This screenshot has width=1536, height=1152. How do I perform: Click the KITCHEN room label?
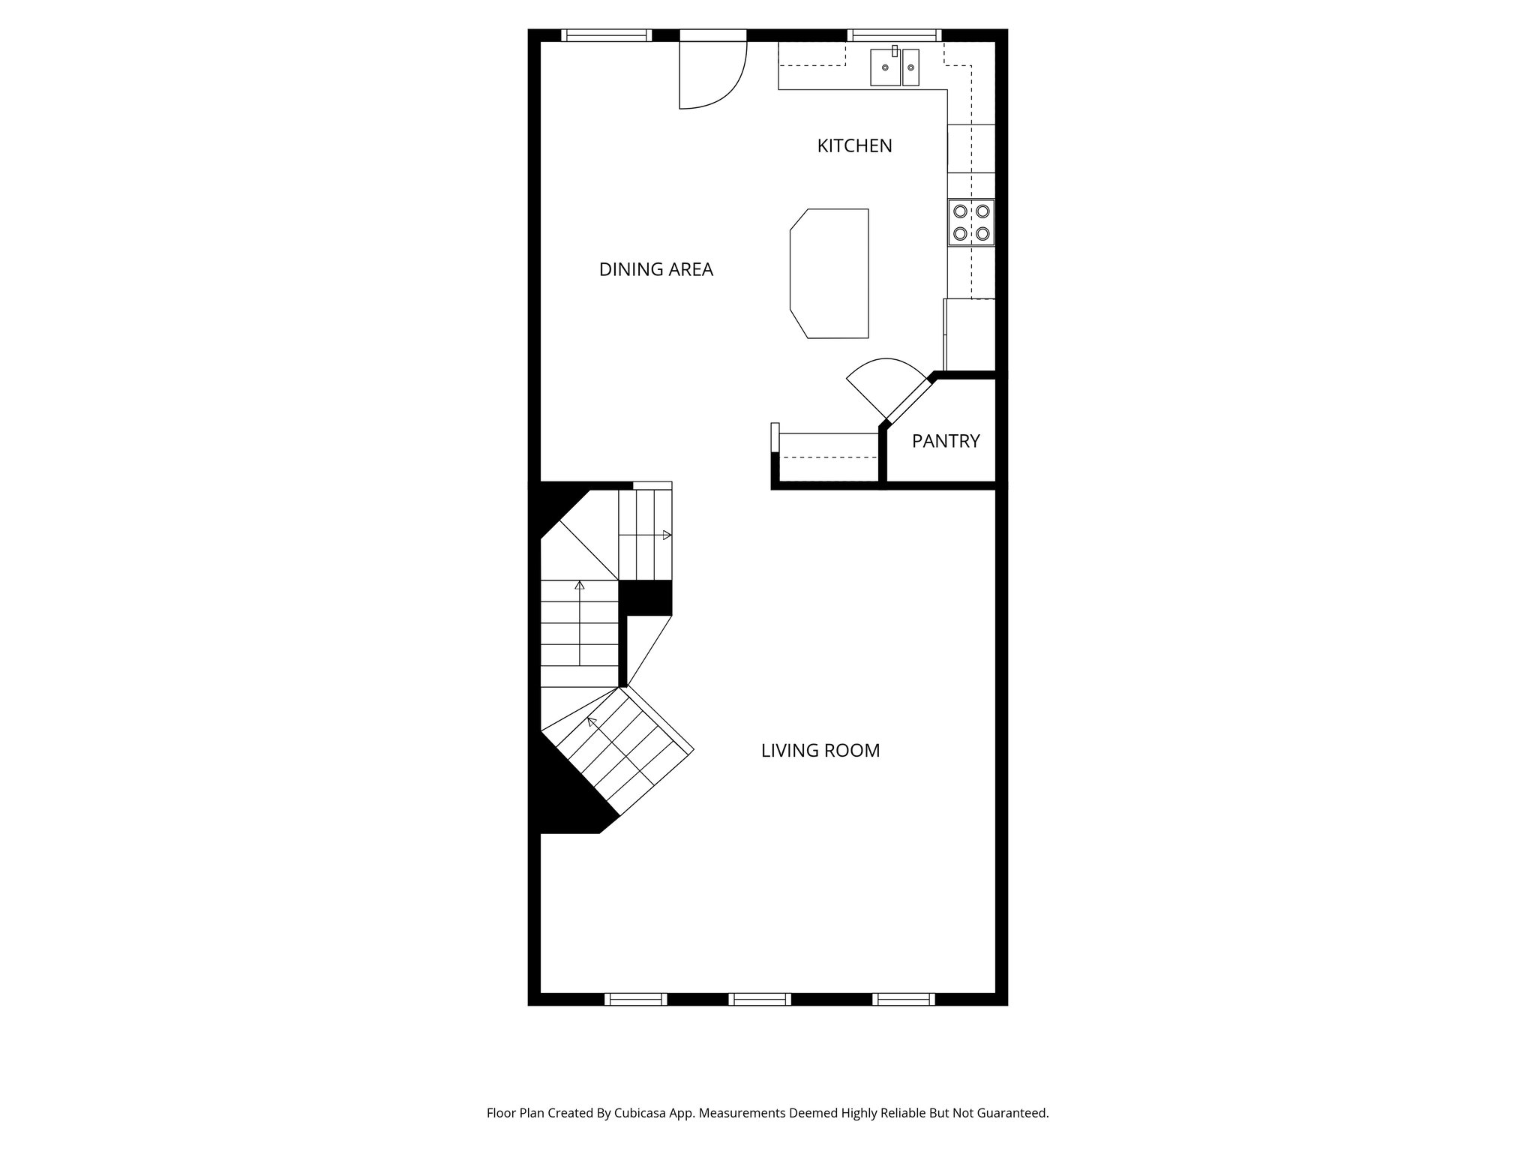(x=854, y=145)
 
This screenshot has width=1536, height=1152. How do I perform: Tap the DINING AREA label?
(x=655, y=269)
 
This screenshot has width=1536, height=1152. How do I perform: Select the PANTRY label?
(x=946, y=441)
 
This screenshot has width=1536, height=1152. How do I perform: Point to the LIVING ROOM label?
(x=820, y=751)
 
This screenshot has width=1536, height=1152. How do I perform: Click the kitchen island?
(x=830, y=274)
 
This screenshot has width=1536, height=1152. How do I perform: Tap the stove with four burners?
(x=971, y=222)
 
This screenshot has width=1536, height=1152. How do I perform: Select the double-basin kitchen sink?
(x=894, y=68)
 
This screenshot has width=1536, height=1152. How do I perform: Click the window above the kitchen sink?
(x=894, y=34)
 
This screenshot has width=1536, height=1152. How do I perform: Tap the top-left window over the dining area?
(x=606, y=34)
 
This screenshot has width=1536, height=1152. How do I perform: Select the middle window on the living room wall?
(x=760, y=999)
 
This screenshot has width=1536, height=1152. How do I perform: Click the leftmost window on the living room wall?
(x=635, y=999)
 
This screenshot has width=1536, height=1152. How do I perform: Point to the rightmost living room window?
(x=904, y=999)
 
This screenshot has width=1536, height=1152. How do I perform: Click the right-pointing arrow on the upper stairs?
(x=666, y=535)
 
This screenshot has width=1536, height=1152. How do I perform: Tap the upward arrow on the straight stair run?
(x=579, y=586)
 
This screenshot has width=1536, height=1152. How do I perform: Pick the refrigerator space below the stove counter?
(x=970, y=334)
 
